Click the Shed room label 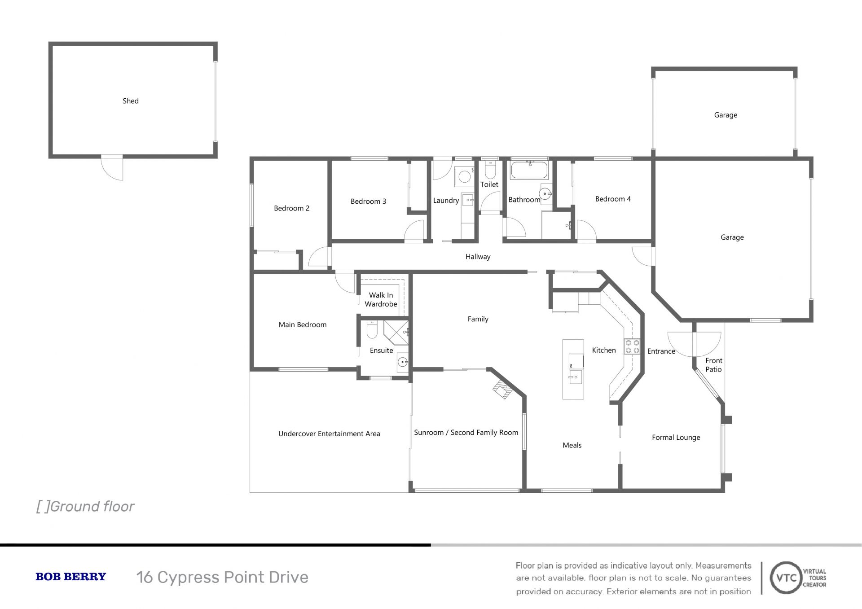(x=131, y=101)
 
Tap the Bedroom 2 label (x=292, y=208)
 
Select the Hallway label (x=478, y=257)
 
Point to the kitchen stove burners (x=632, y=346)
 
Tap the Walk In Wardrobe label (x=381, y=299)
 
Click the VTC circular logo (x=786, y=578)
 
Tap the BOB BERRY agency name (x=71, y=577)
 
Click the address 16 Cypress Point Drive (x=222, y=577)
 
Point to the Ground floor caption (x=85, y=507)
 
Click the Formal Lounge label (x=676, y=438)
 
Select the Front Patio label (x=714, y=365)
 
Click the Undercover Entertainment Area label (x=329, y=434)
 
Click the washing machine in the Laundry (x=465, y=177)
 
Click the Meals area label (x=572, y=445)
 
